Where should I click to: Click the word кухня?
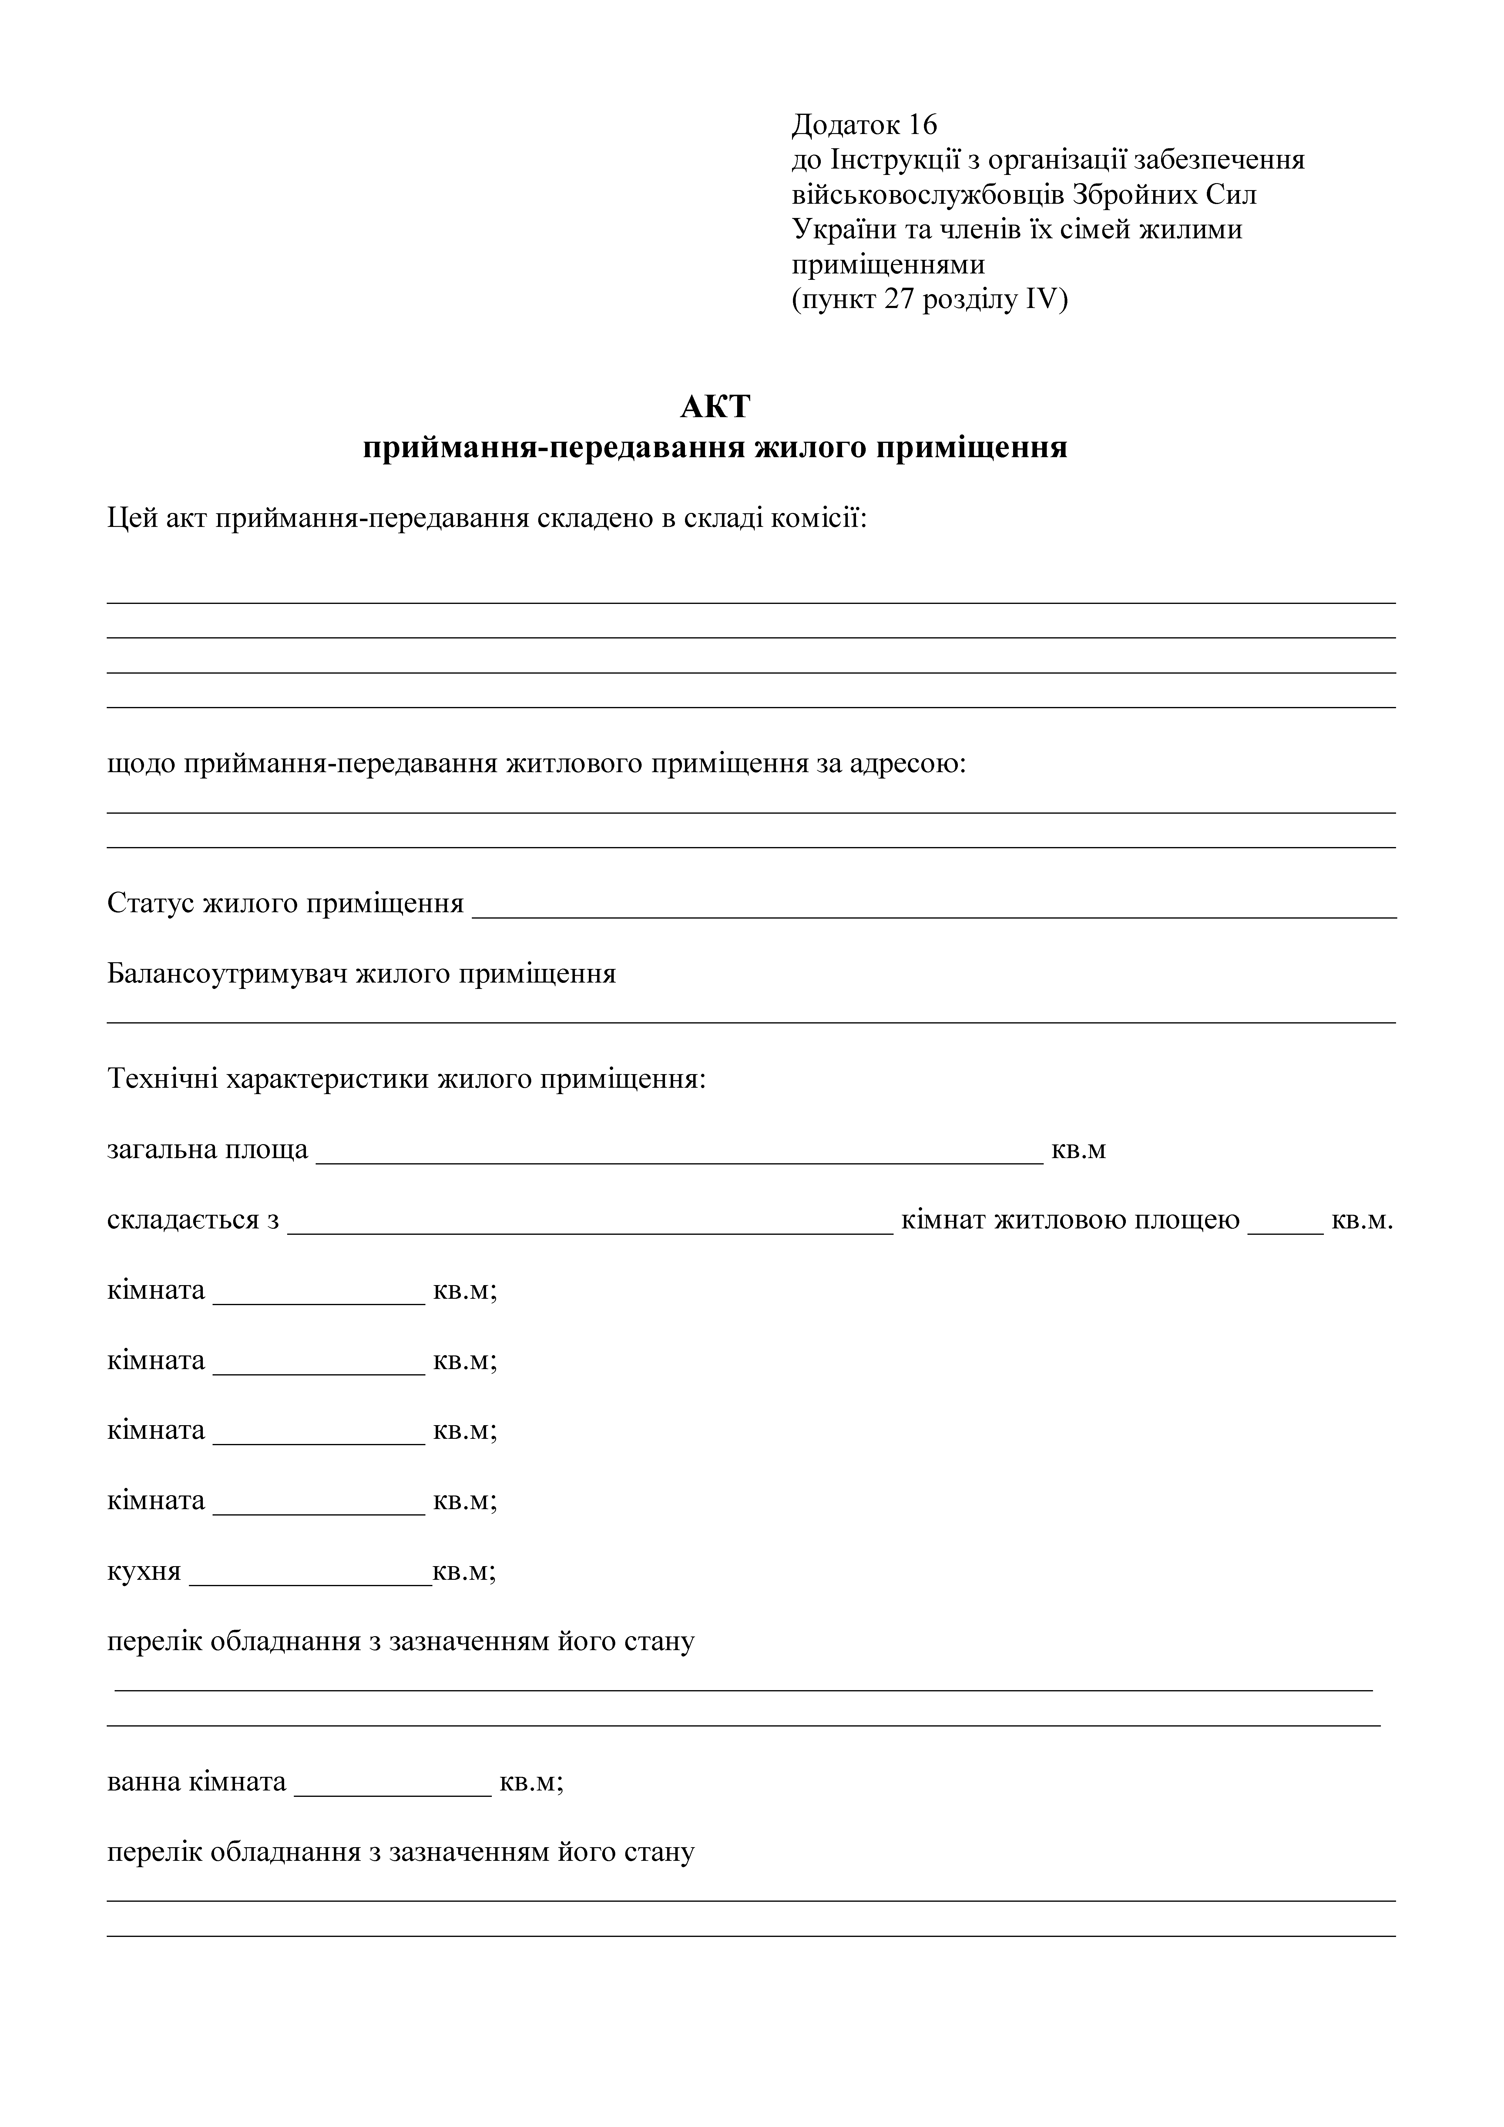(144, 1572)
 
